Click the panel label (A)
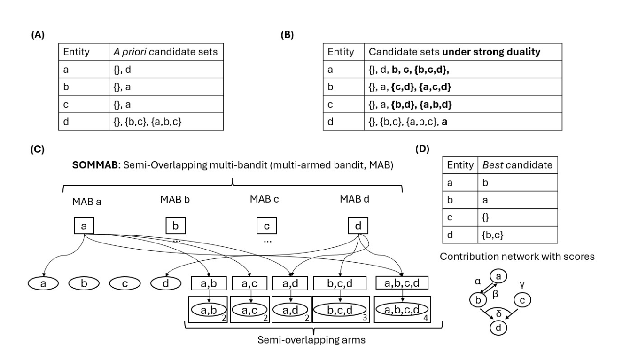click(38, 35)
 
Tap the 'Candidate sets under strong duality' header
click(455, 52)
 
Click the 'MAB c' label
click(266, 199)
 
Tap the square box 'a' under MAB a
click(84, 226)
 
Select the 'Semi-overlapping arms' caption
click(311, 340)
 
